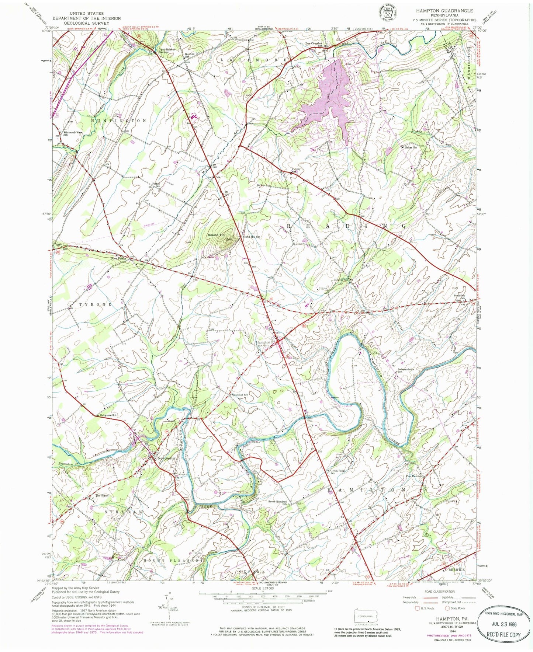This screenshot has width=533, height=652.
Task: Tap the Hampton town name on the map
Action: click(x=263, y=342)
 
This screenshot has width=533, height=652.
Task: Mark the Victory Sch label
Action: click(x=296, y=171)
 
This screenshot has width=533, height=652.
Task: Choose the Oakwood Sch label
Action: click(x=240, y=395)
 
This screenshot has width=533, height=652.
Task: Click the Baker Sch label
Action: click(x=411, y=147)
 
